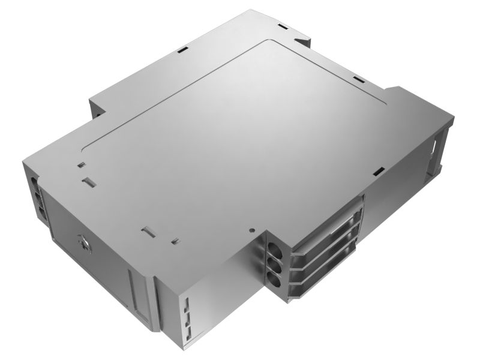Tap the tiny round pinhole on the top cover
[x=252, y=229]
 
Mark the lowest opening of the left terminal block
[x=41, y=212]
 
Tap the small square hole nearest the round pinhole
[x=174, y=241]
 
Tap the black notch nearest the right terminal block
[x=377, y=172]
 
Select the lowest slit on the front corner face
[x=188, y=327]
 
